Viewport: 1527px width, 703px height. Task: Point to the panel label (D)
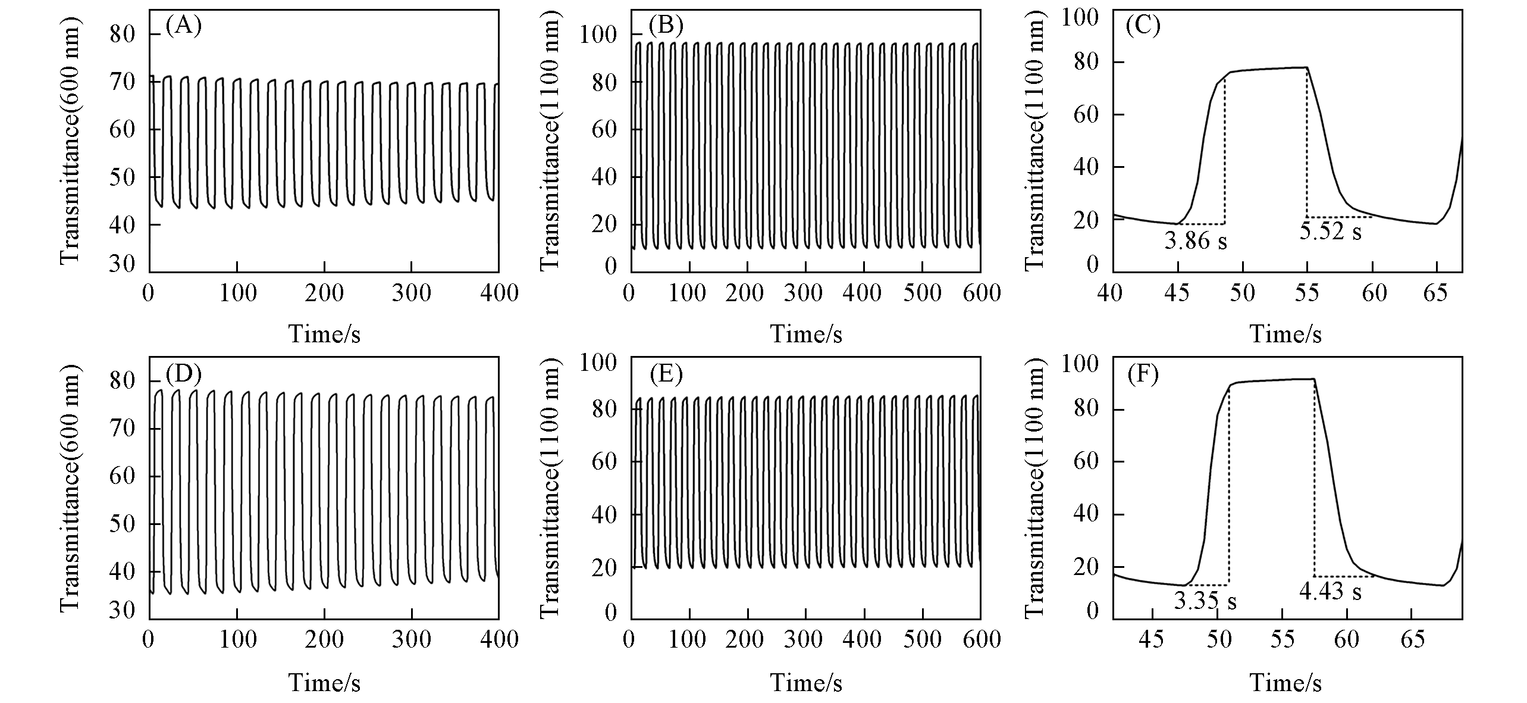coord(184,374)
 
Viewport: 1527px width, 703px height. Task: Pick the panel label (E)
coord(666,374)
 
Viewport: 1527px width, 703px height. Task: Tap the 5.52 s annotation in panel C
coord(1330,231)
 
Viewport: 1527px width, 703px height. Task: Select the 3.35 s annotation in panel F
coord(1205,601)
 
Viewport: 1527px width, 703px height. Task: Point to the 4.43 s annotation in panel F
coord(1330,591)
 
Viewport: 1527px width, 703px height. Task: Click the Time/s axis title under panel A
coord(324,334)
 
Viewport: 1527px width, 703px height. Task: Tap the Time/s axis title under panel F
coord(1285,682)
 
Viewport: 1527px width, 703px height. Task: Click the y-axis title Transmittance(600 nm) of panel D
coord(70,488)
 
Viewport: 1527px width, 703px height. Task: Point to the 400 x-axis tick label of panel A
coord(498,293)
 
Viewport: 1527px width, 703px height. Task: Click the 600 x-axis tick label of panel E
coord(980,640)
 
